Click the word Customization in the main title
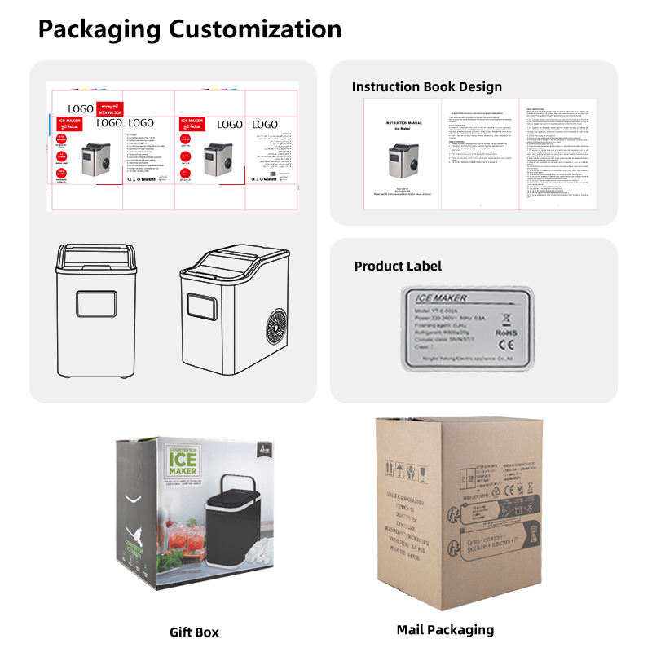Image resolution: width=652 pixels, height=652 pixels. pos(255,29)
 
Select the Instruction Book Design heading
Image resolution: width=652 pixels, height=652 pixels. pos(427,86)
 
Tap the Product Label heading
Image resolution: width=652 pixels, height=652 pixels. pos(398,266)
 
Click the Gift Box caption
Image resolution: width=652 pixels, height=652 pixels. pos(194,632)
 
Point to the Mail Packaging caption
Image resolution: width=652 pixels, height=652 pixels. pos(445,629)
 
